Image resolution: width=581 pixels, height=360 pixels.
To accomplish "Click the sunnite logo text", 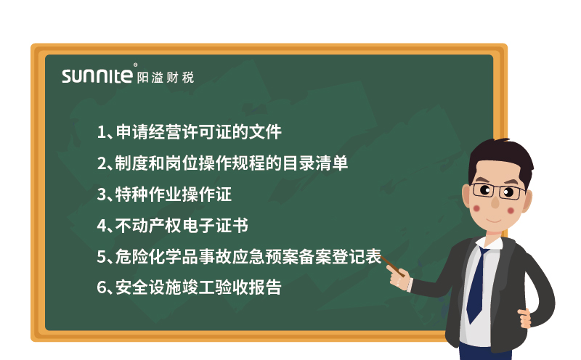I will (97, 76).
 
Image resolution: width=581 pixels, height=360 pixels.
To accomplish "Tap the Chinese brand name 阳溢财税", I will (166, 76).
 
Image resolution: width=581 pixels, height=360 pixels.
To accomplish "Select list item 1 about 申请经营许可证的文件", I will (189, 132).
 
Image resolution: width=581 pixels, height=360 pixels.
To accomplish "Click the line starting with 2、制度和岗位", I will (222, 163).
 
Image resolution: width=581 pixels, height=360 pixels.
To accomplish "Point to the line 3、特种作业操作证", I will (164, 195).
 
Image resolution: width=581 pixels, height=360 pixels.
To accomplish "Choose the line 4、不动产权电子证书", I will (173, 226).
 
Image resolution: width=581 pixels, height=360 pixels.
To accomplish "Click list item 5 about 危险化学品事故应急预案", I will (240, 257).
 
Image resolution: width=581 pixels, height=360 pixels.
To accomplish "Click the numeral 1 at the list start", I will (101, 132).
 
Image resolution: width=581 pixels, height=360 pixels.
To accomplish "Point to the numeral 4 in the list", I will (102, 226).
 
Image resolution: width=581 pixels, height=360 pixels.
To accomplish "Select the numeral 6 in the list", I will (102, 288).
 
